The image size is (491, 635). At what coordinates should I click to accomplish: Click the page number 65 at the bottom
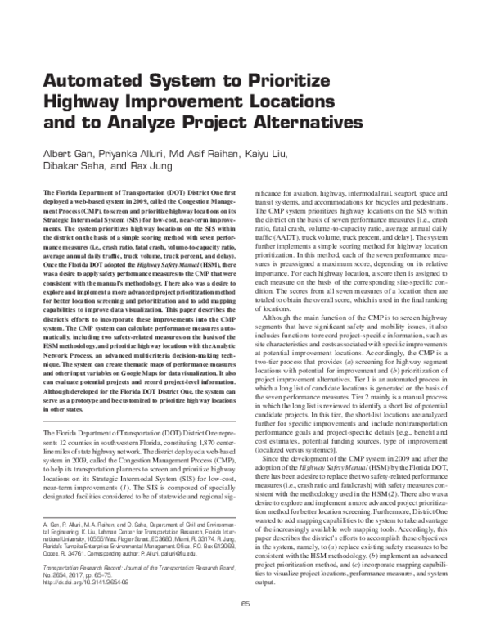[245, 625]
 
